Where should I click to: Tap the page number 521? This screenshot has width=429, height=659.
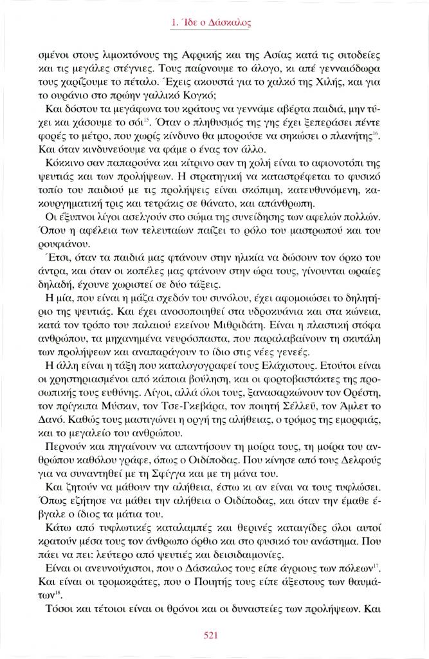(214, 635)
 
